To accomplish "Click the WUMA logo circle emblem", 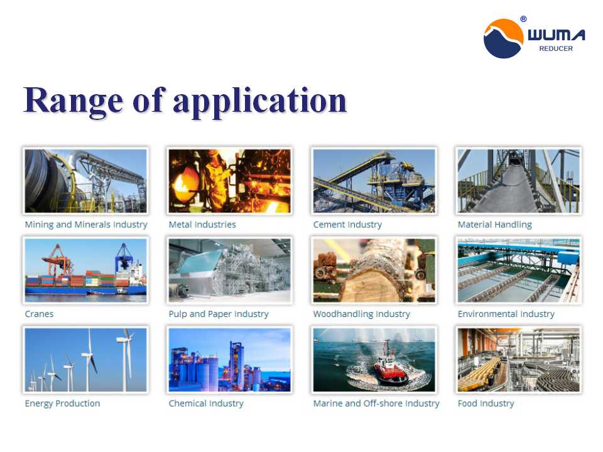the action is point(503,38).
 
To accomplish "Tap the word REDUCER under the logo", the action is point(556,48).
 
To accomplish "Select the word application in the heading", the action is point(260,100).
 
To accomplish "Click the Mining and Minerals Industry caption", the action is point(86,225).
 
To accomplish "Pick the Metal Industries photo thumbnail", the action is point(230,181).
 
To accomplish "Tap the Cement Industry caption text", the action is point(347,225).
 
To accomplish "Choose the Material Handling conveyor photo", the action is point(518,181).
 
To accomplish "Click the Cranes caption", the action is point(39,314).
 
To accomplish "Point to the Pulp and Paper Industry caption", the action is point(219,314).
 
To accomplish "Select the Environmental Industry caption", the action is point(506,314).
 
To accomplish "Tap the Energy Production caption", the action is point(62,404).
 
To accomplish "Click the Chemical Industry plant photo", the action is point(230,360).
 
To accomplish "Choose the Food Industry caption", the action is point(486,404).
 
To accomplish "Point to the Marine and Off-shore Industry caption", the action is point(376,404).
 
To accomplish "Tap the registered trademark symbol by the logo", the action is point(523,19).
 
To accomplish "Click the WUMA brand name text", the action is point(557,35).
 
